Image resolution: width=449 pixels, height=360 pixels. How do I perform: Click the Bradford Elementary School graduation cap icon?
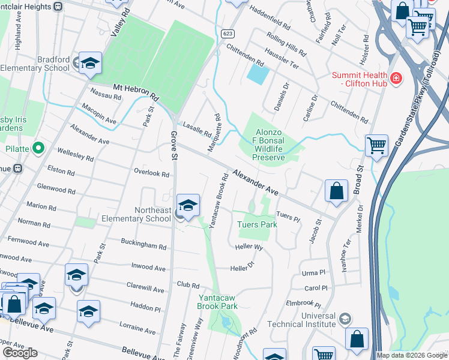coord(90,63)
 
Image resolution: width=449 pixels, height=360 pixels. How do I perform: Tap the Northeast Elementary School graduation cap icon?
coord(188,206)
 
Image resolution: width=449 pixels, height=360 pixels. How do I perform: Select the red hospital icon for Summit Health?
coord(396,78)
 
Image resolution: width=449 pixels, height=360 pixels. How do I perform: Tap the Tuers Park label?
coord(257,224)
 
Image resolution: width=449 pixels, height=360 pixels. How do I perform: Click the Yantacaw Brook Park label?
coord(218,301)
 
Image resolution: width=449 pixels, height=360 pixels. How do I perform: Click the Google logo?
coord(20,353)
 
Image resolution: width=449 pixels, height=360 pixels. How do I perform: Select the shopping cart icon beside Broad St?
coord(376,145)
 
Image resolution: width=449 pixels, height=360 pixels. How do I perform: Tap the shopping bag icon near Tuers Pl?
coord(337,191)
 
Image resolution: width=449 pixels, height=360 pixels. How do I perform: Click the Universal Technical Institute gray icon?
coord(345,318)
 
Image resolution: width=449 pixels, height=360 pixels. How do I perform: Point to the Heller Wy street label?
coord(249,246)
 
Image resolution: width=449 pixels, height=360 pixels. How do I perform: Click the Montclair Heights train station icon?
coord(58,6)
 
